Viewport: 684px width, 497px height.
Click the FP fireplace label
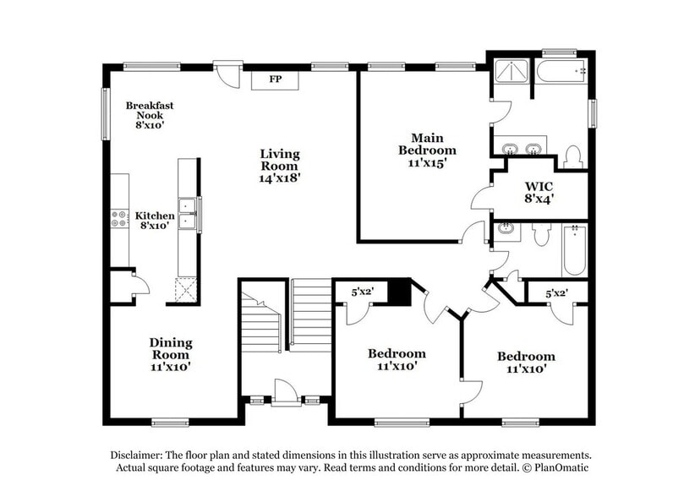(275, 79)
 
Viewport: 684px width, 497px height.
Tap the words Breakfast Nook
(150, 110)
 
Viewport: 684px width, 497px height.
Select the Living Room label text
(279, 160)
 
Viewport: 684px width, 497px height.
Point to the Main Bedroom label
(427, 144)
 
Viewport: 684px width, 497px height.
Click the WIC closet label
(539, 185)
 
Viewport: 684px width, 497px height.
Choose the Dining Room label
(171, 348)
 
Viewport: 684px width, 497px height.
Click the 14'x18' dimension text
(280, 178)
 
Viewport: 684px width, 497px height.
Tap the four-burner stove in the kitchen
(119, 218)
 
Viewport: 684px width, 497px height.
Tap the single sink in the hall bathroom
(506, 230)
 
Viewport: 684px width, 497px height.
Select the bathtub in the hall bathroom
(574, 249)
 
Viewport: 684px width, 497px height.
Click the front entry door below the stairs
(286, 391)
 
